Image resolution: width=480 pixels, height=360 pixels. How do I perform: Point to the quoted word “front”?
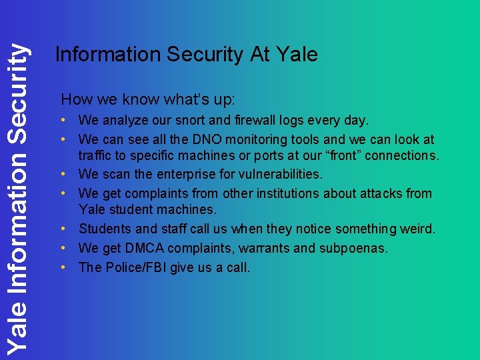(x=345, y=155)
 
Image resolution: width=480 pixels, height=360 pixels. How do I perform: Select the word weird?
(x=416, y=229)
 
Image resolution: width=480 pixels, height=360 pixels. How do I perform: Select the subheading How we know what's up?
(x=148, y=100)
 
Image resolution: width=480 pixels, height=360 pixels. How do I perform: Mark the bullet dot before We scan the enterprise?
(x=69, y=175)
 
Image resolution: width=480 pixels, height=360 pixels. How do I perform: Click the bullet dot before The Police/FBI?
(x=69, y=267)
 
